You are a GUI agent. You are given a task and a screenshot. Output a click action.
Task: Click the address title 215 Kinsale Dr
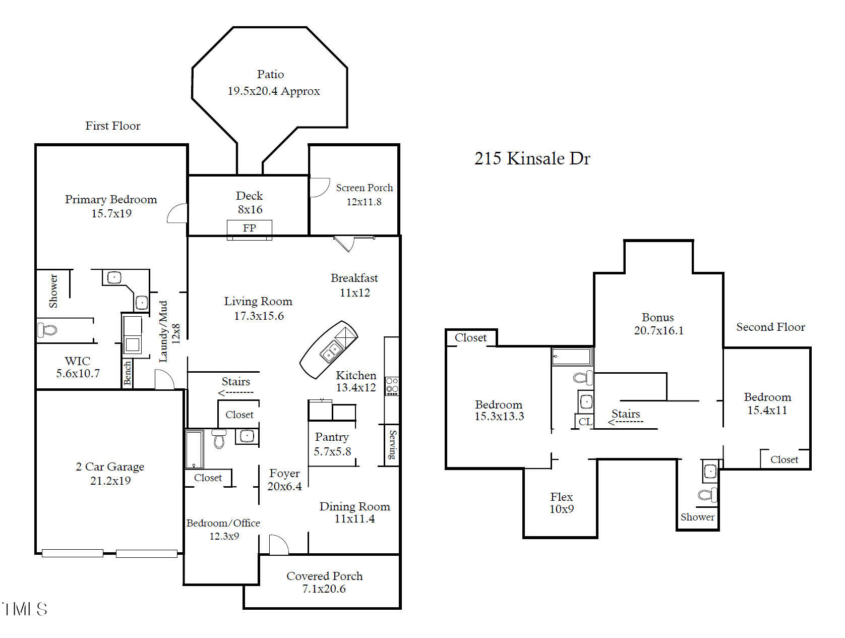tap(532, 158)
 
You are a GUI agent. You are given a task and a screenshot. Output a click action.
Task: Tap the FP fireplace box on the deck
tap(249, 228)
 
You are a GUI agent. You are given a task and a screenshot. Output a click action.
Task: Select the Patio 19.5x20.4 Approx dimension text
tap(273, 91)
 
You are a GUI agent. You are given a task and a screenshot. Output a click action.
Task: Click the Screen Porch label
tap(364, 188)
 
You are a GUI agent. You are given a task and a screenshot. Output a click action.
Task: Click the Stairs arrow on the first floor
tap(235, 393)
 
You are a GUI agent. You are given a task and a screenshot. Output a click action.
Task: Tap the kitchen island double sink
tap(331, 351)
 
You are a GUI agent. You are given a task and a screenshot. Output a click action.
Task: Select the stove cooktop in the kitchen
tap(392, 386)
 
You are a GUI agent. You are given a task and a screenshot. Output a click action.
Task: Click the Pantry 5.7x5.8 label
tap(332, 444)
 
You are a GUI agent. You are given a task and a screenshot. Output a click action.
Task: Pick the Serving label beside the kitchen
tap(392, 444)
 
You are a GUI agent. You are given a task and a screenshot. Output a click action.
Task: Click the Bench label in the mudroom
tap(128, 373)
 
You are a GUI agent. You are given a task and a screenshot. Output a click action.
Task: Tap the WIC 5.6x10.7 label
tap(78, 367)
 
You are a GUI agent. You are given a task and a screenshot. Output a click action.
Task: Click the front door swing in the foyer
tap(278, 545)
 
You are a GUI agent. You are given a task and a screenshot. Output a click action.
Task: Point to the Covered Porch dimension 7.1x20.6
tap(324, 589)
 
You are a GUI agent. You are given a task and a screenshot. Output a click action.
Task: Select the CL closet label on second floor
tap(585, 421)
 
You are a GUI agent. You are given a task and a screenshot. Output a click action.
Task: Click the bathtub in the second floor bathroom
tap(572, 357)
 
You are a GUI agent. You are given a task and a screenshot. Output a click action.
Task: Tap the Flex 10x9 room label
tap(561, 502)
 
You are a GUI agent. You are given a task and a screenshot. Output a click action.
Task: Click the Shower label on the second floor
tap(697, 517)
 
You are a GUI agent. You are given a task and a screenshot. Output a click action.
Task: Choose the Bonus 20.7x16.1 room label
tap(658, 324)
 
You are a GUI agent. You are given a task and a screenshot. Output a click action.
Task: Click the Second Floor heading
tap(770, 327)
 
